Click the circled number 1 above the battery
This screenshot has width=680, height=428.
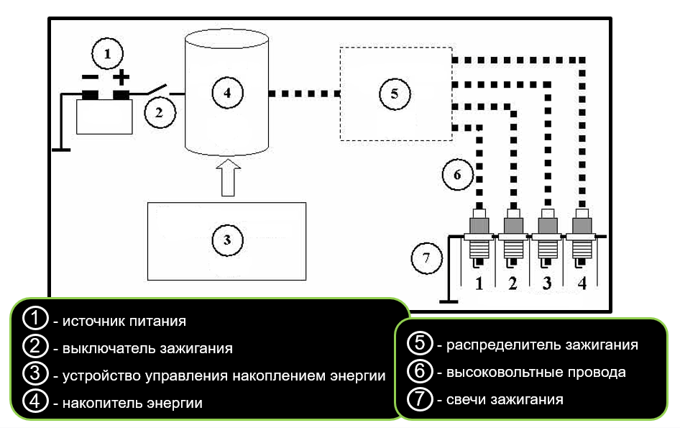107,53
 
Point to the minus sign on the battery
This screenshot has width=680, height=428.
89,77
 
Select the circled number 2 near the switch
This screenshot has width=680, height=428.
160,112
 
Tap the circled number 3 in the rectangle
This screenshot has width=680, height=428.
227,240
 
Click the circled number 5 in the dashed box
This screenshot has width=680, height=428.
393,94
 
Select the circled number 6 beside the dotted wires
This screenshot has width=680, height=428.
457,174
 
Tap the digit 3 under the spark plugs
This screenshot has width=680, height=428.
547,283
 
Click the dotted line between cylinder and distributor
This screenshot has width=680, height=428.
303,94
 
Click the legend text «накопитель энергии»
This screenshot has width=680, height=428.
132,403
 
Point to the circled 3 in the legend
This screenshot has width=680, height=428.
35,375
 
